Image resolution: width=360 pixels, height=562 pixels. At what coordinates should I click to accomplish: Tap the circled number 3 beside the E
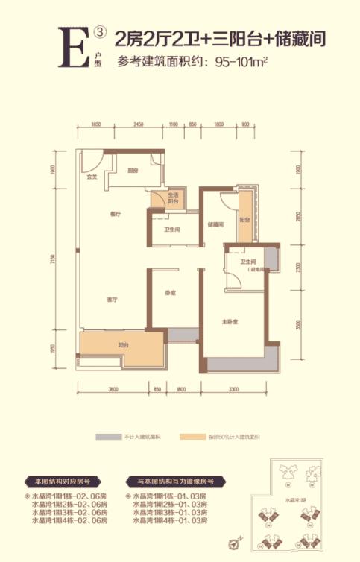pyautogui.click(x=101, y=34)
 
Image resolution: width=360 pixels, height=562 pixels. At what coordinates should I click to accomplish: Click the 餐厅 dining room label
pyautogui.click(x=115, y=214)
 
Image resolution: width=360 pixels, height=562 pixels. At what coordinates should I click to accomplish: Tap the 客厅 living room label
pyautogui.click(x=114, y=300)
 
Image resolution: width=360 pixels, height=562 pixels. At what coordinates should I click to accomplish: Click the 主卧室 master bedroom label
pyautogui.click(x=229, y=323)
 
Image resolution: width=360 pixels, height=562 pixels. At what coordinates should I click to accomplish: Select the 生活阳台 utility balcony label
pyautogui.click(x=172, y=198)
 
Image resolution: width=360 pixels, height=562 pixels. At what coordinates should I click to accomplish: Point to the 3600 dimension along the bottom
pyautogui.click(x=114, y=390)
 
